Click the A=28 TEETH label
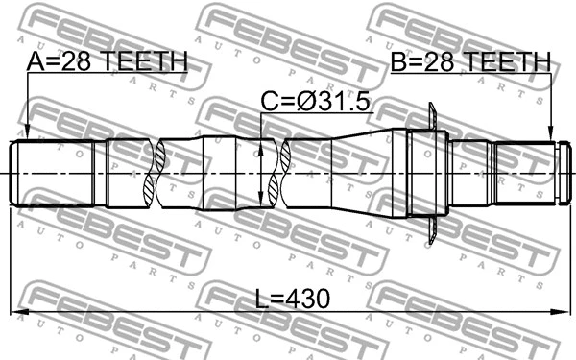coord(107,62)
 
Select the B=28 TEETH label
coord(470,62)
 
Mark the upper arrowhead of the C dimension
coord(261,143)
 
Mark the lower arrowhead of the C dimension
coord(261,203)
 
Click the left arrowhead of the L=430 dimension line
coord(16,311)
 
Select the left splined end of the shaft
coord(53,173)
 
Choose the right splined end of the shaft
coord(524,173)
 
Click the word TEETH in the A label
coord(145,62)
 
